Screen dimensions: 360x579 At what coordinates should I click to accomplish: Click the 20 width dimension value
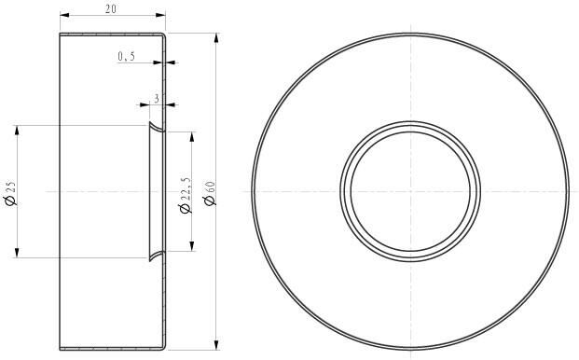(111, 8)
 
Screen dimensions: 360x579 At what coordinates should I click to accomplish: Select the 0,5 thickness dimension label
(126, 57)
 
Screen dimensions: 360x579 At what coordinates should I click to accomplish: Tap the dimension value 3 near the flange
(157, 97)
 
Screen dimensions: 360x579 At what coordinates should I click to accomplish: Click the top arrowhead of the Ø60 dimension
(217, 38)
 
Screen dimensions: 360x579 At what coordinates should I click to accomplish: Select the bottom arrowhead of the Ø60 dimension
(217, 346)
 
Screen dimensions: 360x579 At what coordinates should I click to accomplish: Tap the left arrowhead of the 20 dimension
(64, 16)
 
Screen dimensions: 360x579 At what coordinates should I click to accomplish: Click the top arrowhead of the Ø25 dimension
(18, 130)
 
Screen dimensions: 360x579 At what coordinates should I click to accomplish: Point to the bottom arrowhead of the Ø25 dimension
(18, 253)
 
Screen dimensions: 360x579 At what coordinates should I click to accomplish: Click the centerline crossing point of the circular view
(410, 191)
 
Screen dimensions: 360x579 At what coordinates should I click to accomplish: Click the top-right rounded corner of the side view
(163, 35)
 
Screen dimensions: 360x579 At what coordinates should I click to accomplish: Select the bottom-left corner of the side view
(61, 350)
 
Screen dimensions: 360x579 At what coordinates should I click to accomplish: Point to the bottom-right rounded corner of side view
(163, 348)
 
